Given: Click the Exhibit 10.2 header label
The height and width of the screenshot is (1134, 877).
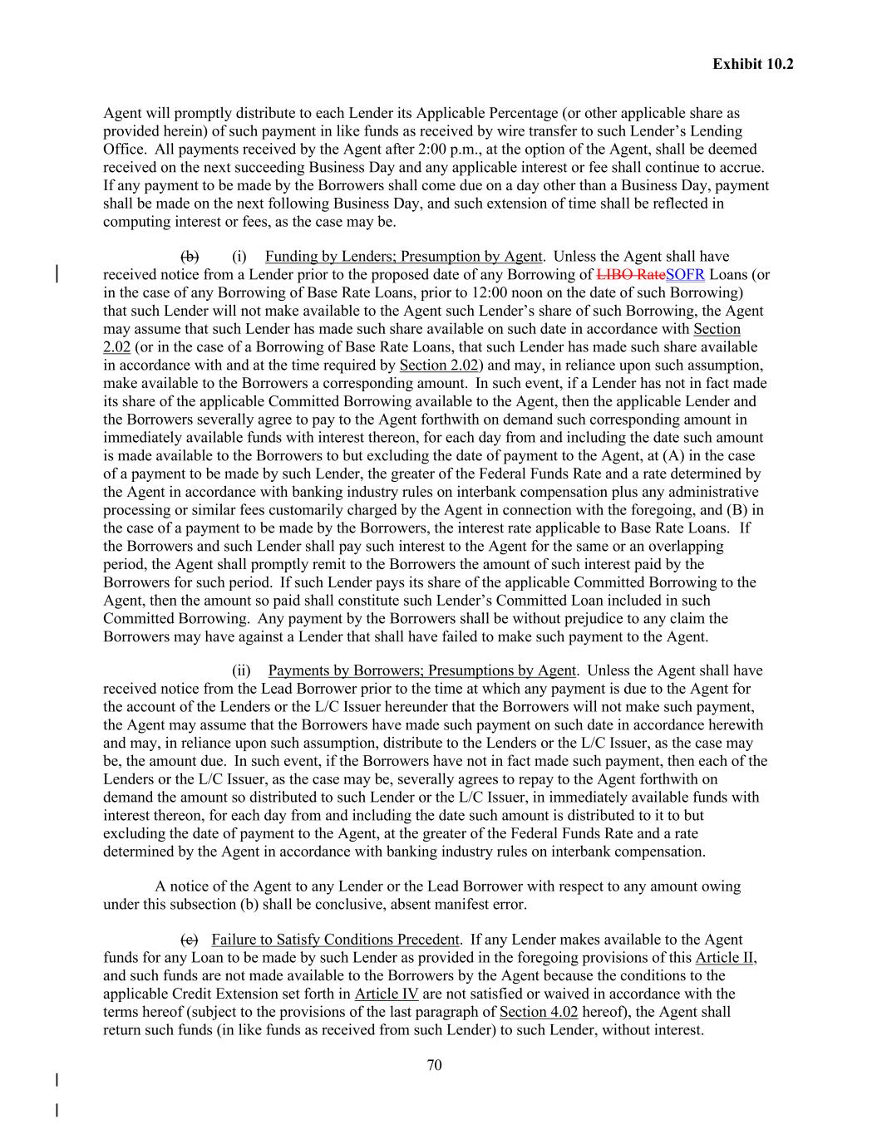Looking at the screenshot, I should click(752, 63).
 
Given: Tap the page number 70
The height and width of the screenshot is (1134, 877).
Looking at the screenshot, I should click(434, 1065).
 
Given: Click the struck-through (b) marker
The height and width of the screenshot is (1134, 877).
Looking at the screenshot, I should click(190, 257).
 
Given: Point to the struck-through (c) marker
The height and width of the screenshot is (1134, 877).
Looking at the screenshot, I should click(190, 940).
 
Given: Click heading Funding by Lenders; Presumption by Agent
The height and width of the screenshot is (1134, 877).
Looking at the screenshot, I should click(403, 257).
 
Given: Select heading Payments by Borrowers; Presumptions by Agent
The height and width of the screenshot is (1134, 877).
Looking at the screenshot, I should click(421, 670).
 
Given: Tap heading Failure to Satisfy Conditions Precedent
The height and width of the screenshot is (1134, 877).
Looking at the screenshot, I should click(335, 940).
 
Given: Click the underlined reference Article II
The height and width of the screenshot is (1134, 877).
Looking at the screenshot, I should click(725, 957).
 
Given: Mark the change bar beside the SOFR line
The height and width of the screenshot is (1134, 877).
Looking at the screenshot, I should click(57, 275).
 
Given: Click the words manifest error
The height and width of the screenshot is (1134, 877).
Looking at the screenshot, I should click(477, 904).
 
